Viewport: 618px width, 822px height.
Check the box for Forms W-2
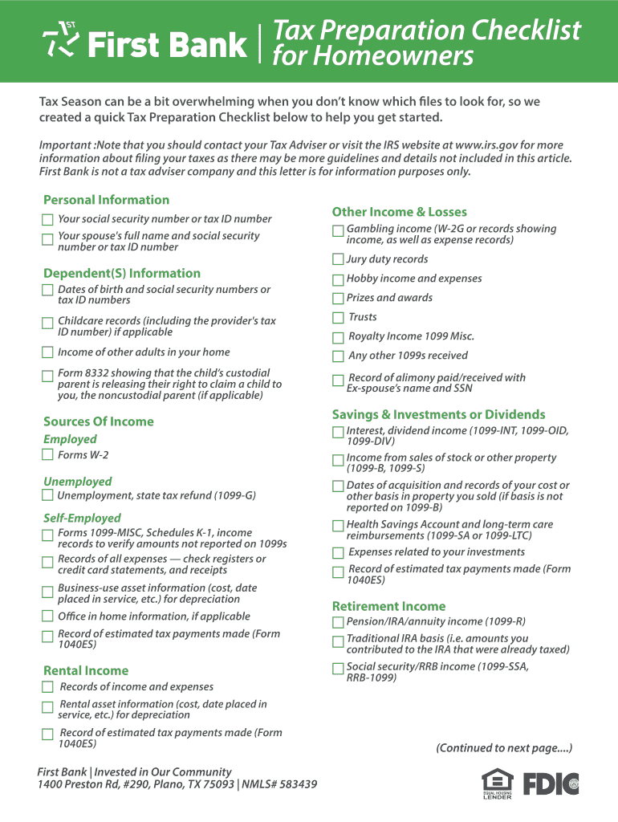tap(47, 455)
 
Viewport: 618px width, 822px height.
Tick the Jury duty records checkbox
tap(338, 259)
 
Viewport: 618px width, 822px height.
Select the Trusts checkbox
tap(338, 318)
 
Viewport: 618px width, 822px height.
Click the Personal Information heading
tap(106, 200)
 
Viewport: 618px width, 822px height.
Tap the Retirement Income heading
tap(388, 606)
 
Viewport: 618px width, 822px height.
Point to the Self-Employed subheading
tap(82, 518)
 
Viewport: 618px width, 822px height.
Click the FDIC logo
tap(551, 783)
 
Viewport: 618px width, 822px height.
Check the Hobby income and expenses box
tap(338, 279)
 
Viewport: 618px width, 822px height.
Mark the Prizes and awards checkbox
tap(338, 299)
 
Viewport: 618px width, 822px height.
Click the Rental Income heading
tap(86, 670)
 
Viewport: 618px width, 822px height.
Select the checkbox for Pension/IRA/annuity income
tap(338, 623)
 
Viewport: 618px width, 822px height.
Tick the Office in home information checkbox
tap(47, 616)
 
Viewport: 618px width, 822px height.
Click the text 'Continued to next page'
tap(504, 748)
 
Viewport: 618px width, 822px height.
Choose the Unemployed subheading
tap(78, 482)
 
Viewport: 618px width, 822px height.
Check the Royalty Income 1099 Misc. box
tap(338, 338)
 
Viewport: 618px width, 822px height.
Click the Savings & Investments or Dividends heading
tap(438, 414)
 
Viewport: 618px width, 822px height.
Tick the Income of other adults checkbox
tap(47, 352)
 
